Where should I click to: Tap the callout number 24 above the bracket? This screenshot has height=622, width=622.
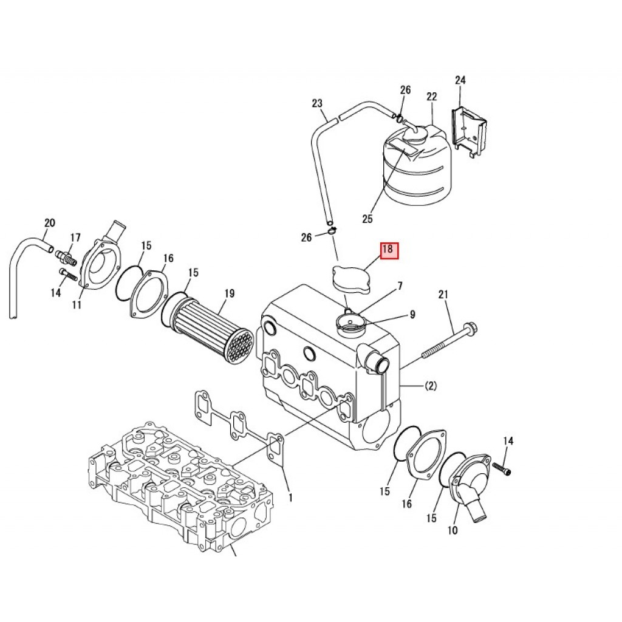(460, 81)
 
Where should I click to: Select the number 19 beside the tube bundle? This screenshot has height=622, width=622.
(230, 293)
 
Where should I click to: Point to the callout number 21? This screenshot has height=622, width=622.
(443, 295)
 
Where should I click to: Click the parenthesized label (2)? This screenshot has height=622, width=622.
(431, 386)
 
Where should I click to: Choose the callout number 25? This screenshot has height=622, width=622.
(367, 219)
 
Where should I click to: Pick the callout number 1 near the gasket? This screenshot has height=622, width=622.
(290, 497)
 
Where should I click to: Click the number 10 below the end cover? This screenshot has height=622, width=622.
(453, 530)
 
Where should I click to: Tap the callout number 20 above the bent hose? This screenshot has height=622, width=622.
(50, 223)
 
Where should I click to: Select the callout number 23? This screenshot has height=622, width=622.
(317, 103)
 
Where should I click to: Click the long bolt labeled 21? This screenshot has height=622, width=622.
(450, 341)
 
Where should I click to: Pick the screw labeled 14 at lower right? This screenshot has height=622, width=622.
(501, 468)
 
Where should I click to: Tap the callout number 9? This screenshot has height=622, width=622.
(412, 315)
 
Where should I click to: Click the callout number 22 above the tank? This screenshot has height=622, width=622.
(432, 97)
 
